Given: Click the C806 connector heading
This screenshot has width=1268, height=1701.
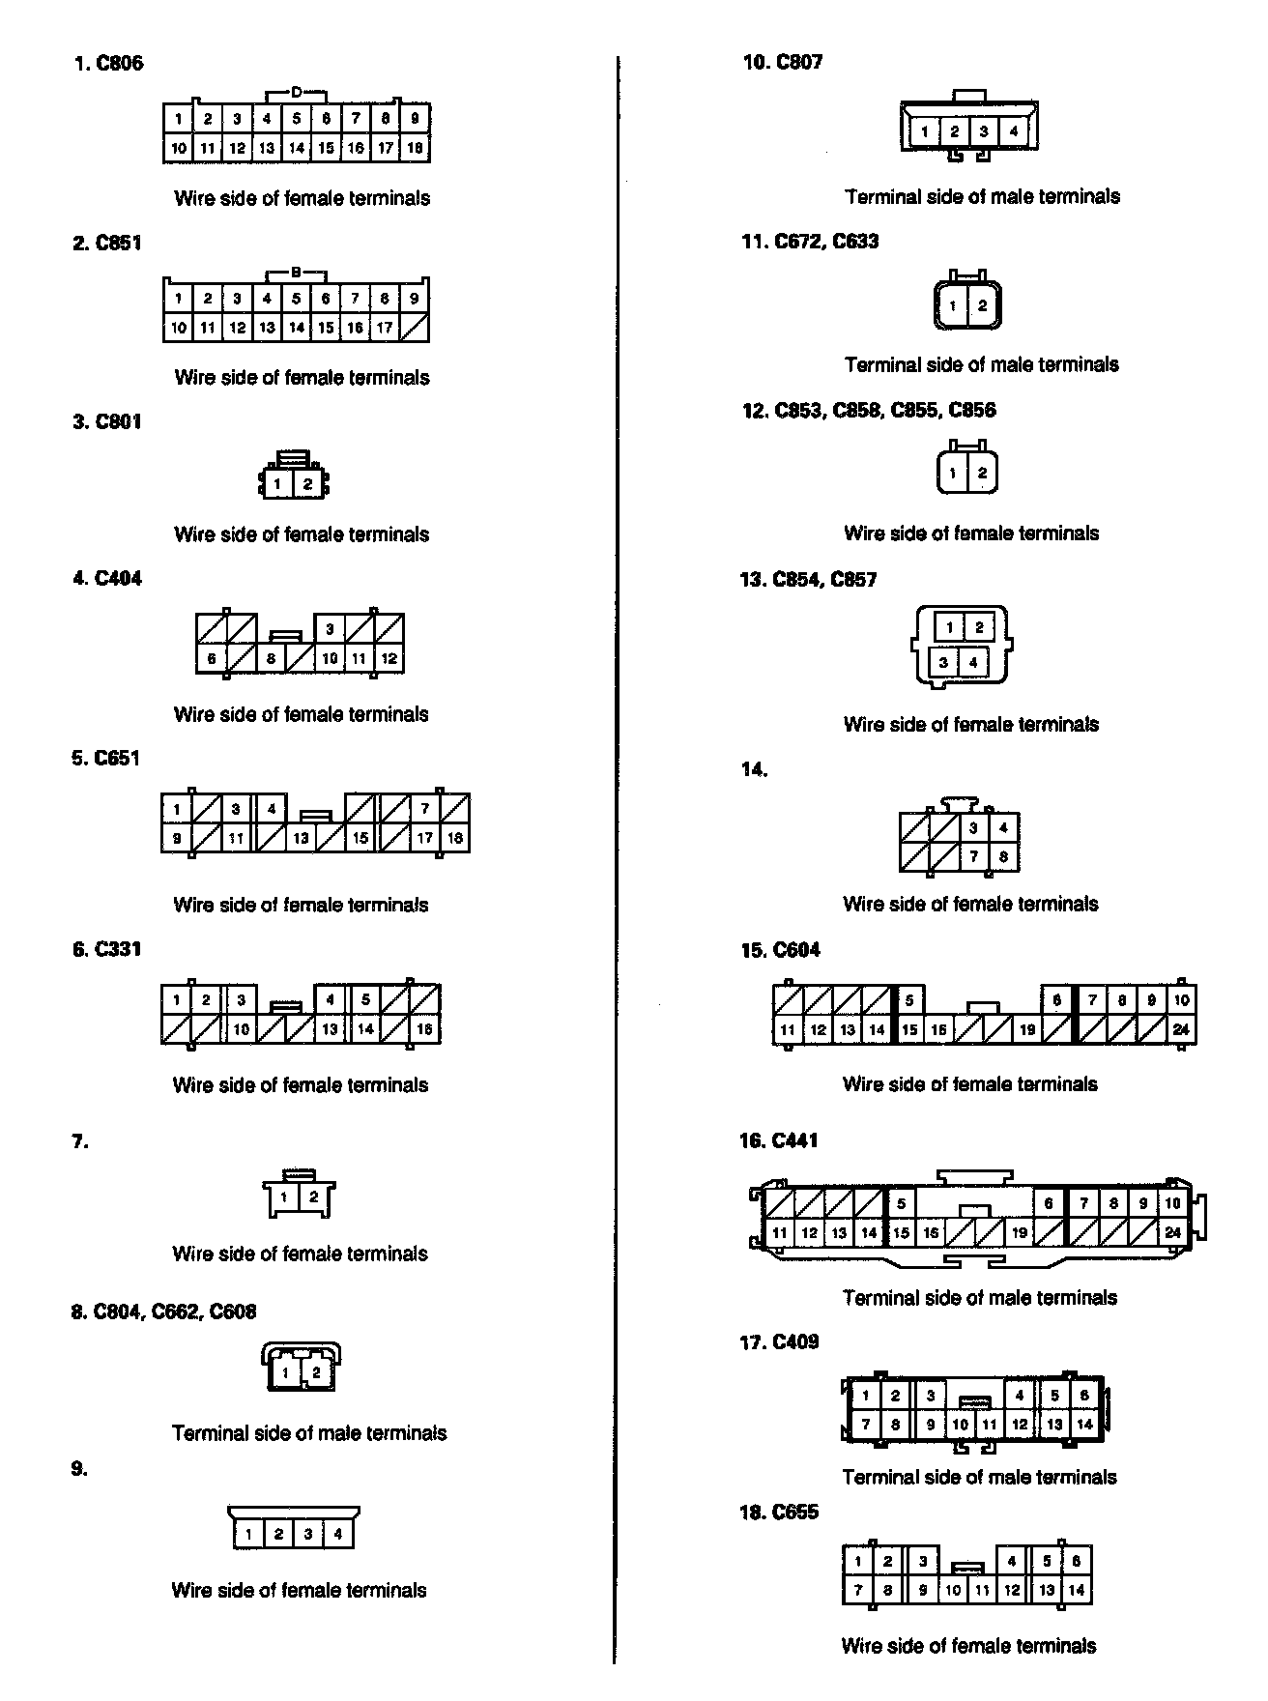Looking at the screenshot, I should click(108, 64).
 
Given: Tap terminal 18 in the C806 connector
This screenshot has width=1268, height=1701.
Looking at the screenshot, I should click(415, 148).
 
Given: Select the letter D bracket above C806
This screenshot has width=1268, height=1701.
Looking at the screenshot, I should click(297, 93).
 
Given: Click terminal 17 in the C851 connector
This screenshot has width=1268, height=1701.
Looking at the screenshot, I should click(385, 328).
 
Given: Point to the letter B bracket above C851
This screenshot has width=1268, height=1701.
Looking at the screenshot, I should click(297, 273).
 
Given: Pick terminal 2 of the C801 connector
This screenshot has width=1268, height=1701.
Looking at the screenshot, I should click(307, 483).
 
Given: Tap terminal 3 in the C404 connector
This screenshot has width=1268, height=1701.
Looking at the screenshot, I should click(330, 629).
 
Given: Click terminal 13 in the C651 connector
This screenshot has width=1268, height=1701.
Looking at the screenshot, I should click(301, 838).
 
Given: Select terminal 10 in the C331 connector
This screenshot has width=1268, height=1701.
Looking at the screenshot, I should click(242, 1029).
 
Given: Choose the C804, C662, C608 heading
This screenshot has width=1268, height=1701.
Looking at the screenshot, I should click(163, 1312).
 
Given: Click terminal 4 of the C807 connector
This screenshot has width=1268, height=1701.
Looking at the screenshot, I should click(1013, 131).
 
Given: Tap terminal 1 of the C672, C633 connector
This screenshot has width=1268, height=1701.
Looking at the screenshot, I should click(953, 306).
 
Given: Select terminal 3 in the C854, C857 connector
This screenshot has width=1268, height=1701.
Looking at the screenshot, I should click(944, 662).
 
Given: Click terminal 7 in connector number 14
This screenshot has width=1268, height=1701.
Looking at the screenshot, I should click(974, 856).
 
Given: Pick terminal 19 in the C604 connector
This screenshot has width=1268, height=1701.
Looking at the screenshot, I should click(1026, 1029).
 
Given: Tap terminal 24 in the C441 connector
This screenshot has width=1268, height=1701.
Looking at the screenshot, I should click(1172, 1232).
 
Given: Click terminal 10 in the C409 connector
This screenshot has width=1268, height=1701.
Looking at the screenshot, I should click(960, 1424).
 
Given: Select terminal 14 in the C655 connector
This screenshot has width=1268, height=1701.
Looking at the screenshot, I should click(1076, 1589).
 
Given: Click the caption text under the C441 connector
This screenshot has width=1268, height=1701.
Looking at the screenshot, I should click(979, 1297).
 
